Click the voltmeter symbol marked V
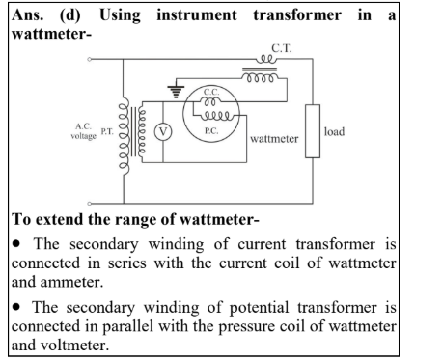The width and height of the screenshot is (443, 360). tap(163, 132)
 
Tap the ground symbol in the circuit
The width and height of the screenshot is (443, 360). tap(176, 92)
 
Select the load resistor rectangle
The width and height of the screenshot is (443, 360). tap(313, 131)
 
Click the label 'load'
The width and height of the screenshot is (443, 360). tap(334, 131)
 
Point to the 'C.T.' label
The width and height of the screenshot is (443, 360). tap(282, 48)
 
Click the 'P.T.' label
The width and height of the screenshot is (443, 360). tap(107, 131)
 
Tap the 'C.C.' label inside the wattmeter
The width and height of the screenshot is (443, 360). tap(211, 92)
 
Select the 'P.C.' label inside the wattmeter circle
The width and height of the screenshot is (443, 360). tap(211, 131)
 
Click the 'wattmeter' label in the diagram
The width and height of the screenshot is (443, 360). tap(274, 139)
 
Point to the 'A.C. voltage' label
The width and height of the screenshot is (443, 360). tap(84, 131)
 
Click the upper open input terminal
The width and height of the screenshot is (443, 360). tap(89, 59)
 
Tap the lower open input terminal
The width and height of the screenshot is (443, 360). tap(89, 204)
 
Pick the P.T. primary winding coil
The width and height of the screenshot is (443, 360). tap(125, 136)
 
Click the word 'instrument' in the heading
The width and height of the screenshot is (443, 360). tap(197, 15)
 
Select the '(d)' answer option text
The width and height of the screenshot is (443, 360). tap(70, 15)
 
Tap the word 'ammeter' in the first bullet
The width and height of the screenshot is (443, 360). tap(71, 282)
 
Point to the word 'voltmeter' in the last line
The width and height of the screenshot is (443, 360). tap(74, 346)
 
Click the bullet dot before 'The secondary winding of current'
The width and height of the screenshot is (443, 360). tap(16, 244)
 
